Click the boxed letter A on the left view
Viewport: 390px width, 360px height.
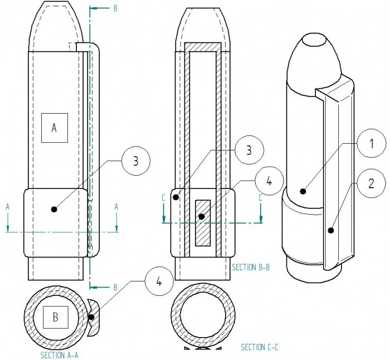click(x=55, y=128)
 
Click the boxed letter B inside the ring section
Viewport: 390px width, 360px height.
click(x=56, y=317)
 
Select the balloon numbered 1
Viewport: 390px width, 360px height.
click(x=372, y=143)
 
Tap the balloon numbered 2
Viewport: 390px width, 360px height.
click(x=371, y=183)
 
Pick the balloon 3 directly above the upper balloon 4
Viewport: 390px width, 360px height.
click(x=249, y=150)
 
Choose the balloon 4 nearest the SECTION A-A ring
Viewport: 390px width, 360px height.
click(x=159, y=282)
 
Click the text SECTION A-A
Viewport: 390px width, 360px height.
click(x=60, y=355)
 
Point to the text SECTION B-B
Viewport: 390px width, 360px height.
click(x=251, y=267)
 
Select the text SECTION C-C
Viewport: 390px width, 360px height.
click(x=260, y=347)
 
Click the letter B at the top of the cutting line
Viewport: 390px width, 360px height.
click(x=115, y=8)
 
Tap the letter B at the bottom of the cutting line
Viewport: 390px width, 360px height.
click(x=115, y=288)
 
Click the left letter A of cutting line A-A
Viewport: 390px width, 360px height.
click(x=8, y=207)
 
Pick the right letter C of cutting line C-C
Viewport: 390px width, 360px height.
click(x=260, y=198)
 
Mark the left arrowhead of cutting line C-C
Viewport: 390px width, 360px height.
click(x=164, y=219)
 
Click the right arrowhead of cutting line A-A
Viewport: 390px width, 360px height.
click(x=116, y=228)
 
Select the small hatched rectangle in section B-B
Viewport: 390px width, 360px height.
click(x=203, y=223)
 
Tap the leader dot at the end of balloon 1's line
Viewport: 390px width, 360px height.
click(x=303, y=191)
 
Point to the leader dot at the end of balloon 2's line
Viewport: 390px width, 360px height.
click(x=330, y=230)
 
